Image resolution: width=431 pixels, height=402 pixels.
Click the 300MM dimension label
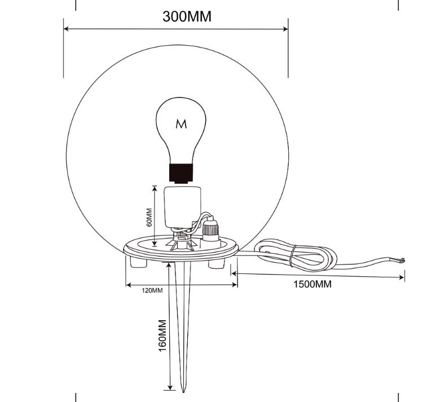click(187, 16)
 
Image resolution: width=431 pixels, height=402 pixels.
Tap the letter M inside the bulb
click(181, 124)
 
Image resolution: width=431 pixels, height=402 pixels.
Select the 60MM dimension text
click(149, 217)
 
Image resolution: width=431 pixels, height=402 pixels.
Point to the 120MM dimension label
click(152, 290)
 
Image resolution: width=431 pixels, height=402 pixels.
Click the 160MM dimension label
click(162, 335)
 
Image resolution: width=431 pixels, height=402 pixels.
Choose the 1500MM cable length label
click(313, 284)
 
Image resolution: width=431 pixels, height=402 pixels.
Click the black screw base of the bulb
click(181, 173)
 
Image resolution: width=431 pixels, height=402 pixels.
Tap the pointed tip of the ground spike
click(183, 391)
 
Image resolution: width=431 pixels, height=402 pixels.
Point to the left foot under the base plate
click(138, 262)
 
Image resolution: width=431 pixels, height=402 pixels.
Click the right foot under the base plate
click(216, 263)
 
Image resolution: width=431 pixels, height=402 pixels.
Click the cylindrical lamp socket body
click(182, 206)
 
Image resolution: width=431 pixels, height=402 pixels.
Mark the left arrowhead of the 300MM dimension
click(66, 29)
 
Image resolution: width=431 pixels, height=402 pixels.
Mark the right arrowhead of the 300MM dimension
click(285, 29)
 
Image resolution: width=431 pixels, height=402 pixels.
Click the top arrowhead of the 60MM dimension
click(155, 188)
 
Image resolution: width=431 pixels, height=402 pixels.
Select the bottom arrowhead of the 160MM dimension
click(171, 387)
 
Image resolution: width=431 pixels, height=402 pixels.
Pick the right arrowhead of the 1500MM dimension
click(402, 277)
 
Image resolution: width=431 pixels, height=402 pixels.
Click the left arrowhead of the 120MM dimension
click(129, 285)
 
